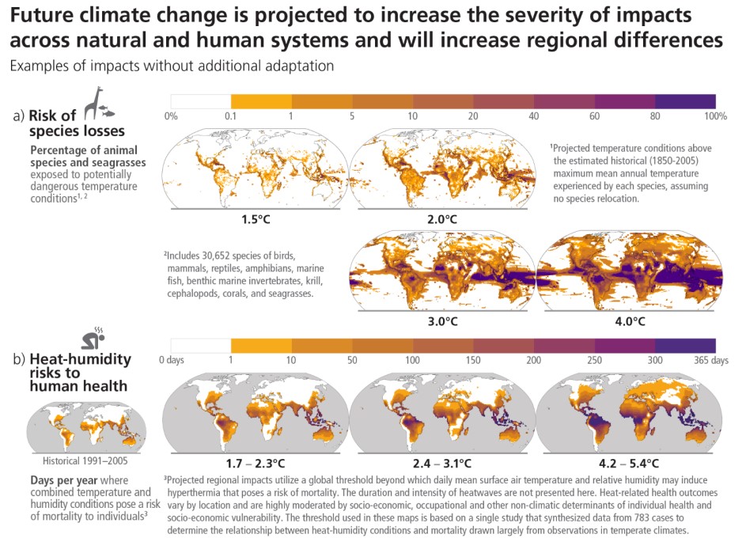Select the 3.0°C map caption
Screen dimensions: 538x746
point(442,322)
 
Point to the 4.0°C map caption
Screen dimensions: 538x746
point(630,322)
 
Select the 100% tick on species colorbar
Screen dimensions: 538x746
point(715,116)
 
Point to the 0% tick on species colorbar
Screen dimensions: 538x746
point(171,116)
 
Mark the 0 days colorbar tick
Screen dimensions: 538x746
point(172,361)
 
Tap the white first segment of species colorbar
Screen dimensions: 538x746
point(201,101)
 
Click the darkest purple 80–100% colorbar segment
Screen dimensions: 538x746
point(685,101)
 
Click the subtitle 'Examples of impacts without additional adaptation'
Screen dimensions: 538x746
point(172,66)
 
